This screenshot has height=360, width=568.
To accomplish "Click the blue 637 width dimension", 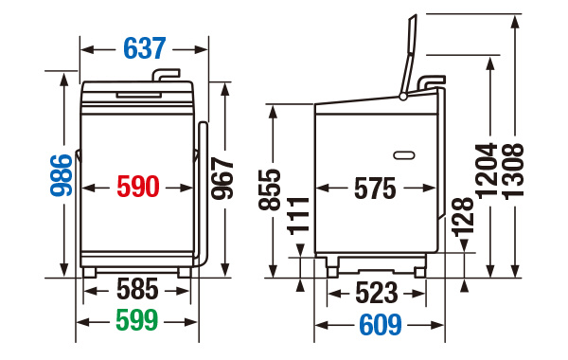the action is (x=145, y=48).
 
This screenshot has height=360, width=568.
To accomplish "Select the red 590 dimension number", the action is (x=138, y=187).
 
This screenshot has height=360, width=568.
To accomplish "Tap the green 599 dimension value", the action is (x=137, y=320).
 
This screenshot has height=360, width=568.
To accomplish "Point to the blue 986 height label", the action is (x=62, y=175).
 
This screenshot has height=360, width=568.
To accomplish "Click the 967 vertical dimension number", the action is (x=222, y=178).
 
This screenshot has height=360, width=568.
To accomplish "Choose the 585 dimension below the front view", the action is (x=137, y=289).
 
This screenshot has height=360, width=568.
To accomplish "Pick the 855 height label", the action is (x=270, y=189).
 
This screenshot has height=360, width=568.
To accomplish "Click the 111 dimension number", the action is (x=298, y=216).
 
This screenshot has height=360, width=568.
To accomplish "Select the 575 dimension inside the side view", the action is (x=375, y=189).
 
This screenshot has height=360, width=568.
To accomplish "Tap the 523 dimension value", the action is (x=377, y=293).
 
